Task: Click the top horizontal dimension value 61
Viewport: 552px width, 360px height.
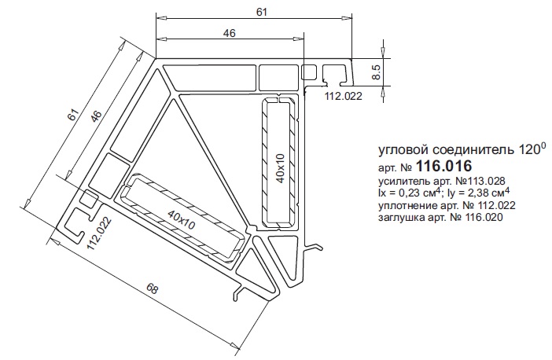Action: (x=262, y=12)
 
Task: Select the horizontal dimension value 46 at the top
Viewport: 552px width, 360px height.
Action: (x=229, y=33)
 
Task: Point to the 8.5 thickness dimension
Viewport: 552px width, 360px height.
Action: (x=376, y=72)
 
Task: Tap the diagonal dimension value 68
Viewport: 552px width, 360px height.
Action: (x=152, y=289)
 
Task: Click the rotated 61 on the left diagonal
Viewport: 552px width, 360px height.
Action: (x=72, y=115)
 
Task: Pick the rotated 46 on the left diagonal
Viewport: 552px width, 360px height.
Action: (x=96, y=116)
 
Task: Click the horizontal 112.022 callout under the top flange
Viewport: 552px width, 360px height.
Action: (x=343, y=96)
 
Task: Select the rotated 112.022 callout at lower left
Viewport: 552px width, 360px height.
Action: (x=99, y=233)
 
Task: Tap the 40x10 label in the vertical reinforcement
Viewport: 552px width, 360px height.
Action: (x=281, y=168)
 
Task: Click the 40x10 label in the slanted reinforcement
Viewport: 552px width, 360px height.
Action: (x=181, y=219)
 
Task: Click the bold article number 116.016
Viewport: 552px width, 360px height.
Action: (x=443, y=166)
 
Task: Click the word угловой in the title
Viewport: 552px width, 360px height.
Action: (x=401, y=150)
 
